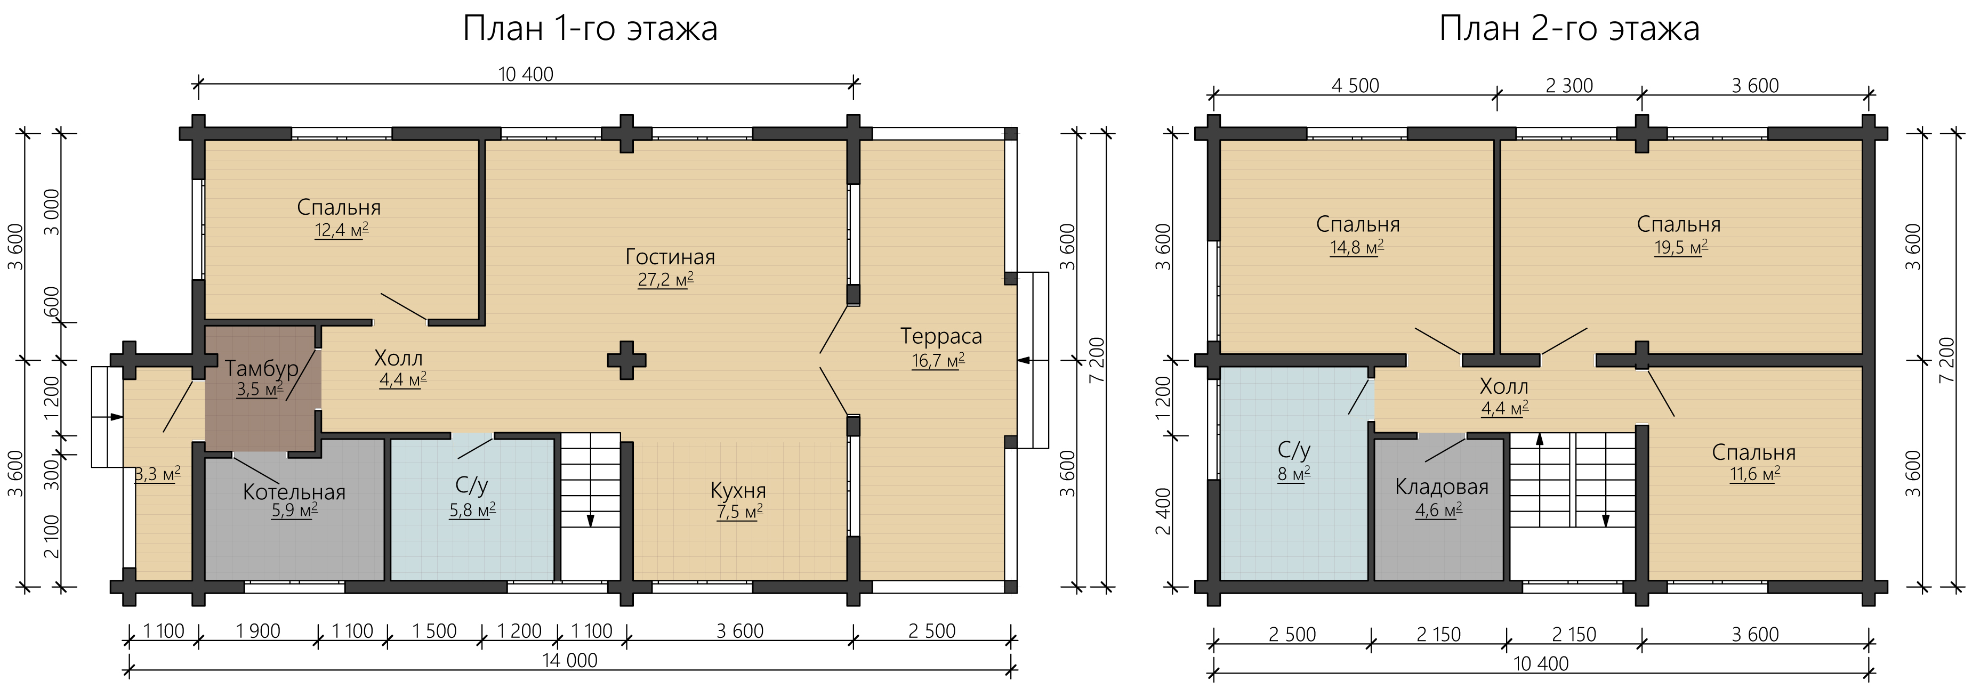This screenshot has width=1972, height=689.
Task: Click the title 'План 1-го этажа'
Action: (x=590, y=29)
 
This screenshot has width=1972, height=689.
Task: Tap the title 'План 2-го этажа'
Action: (x=1569, y=29)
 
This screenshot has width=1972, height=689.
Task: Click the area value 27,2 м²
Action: (x=666, y=279)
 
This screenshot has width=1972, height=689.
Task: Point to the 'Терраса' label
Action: (x=941, y=336)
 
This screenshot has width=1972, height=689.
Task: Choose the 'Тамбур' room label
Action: (x=262, y=368)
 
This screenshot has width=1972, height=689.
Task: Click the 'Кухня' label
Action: (x=738, y=490)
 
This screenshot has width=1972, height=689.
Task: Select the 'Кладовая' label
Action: (x=1442, y=487)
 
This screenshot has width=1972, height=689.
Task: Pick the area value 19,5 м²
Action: (x=1681, y=247)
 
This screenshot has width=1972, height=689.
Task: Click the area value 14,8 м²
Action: (x=1356, y=247)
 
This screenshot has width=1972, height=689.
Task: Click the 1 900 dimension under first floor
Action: (x=258, y=631)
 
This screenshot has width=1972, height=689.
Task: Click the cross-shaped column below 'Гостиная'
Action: (x=626, y=360)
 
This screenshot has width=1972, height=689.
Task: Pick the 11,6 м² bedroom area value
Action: (x=1754, y=474)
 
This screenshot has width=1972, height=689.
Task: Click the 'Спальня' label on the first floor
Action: (x=339, y=207)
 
